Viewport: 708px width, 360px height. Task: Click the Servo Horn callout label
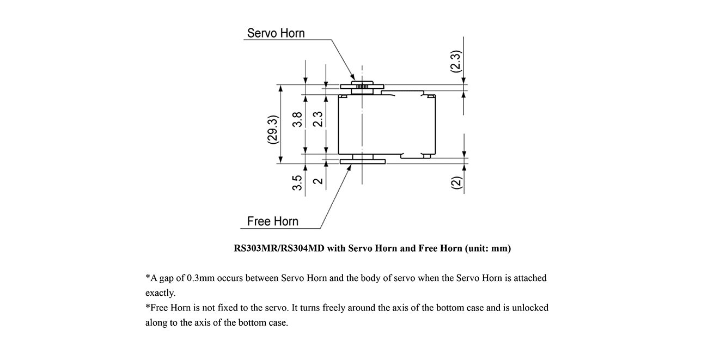tap(276, 33)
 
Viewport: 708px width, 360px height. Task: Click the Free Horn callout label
tap(272, 221)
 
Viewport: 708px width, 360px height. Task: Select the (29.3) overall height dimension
tap(273, 130)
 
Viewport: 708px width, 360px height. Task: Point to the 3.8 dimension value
tap(297, 119)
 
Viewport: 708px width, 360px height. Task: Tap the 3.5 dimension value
tap(297, 183)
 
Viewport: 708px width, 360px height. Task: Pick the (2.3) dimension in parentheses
tap(456, 62)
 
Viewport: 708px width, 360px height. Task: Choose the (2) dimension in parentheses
tap(456, 182)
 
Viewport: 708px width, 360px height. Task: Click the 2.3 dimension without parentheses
tap(318, 119)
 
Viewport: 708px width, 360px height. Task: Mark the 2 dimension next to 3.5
tap(318, 181)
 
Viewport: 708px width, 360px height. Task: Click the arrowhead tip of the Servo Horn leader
tap(355, 80)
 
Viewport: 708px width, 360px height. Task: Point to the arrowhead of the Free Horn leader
tap(351, 165)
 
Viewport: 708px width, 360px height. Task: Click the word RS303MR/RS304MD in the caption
tap(279, 248)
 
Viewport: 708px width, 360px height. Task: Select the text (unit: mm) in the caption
tap(487, 248)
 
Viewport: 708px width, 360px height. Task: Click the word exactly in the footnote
tap(160, 293)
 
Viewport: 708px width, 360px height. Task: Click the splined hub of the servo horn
tap(362, 86)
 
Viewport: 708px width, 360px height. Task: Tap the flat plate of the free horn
tap(363, 162)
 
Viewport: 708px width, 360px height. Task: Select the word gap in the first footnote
tap(166, 279)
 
